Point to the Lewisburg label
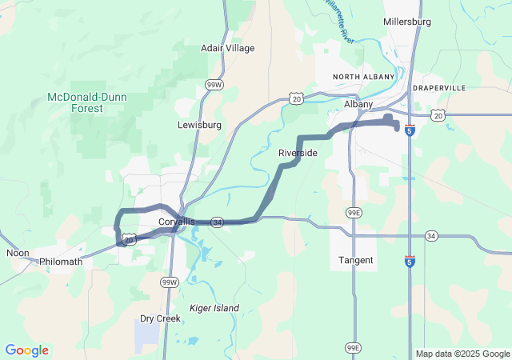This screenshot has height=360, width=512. pyautogui.click(x=199, y=126)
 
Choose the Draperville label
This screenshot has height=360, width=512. pyautogui.click(x=439, y=87)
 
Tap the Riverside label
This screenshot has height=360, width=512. pyautogui.click(x=298, y=153)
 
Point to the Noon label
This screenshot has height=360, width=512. pyautogui.click(x=18, y=253)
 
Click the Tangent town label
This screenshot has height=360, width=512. pyautogui.click(x=355, y=261)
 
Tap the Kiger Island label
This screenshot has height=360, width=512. pyautogui.click(x=210, y=308)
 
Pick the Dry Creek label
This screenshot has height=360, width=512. pyautogui.click(x=160, y=318)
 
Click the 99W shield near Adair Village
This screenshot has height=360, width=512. pyautogui.click(x=214, y=84)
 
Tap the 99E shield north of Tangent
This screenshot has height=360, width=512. pyautogui.click(x=353, y=213)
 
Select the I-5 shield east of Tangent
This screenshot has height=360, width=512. pyautogui.click(x=409, y=261)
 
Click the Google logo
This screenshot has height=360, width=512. pyautogui.click(x=26, y=350)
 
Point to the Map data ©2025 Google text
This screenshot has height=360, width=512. pyautogui.click(x=462, y=354)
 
